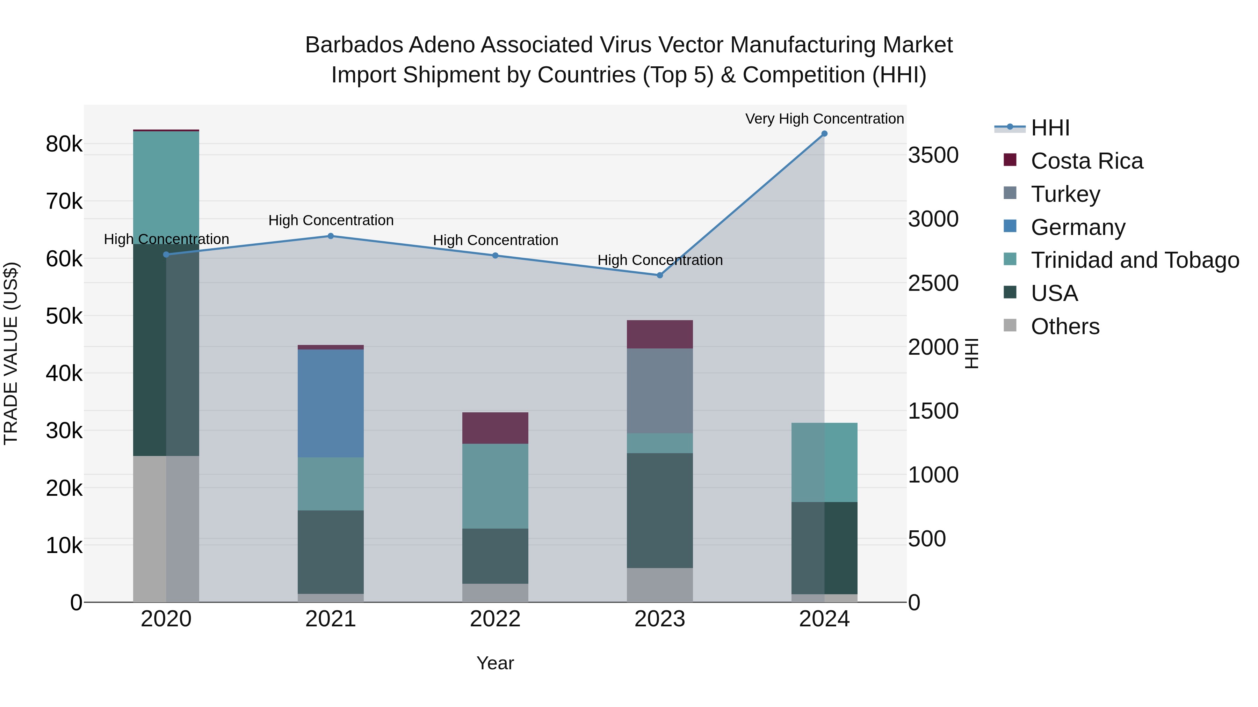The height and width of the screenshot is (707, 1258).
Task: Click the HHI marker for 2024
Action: pyautogui.click(x=824, y=134)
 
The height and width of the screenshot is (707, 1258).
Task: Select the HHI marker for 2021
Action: pyautogui.click(x=331, y=236)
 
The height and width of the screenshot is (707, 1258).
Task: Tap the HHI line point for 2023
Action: pyautogui.click(x=660, y=275)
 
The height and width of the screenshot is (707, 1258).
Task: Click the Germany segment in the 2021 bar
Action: pyautogui.click(x=331, y=404)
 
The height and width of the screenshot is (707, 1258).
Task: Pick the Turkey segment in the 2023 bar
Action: pyautogui.click(x=660, y=391)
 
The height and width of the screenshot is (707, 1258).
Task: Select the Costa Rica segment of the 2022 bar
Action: pyautogui.click(x=495, y=428)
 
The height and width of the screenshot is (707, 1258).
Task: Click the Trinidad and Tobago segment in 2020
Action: pyautogui.click(x=166, y=188)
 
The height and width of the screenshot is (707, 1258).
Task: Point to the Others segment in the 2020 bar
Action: pyautogui.click(x=166, y=529)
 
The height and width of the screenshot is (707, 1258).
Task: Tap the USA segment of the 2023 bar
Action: pyautogui.click(x=660, y=510)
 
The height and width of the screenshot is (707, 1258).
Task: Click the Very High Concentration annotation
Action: pyautogui.click(x=824, y=119)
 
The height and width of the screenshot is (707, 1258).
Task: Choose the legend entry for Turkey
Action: pyautogui.click(x=1065, y=194)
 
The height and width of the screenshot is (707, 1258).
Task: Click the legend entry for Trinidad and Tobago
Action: pyautogui.click(x=1134, y=260)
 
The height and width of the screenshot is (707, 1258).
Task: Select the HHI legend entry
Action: pyautogui.click(x=1050, y=128)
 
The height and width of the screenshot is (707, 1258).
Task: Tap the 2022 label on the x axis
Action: pyautogui.click(x=495, y=619)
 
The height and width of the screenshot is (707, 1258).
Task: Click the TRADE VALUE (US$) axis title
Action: pyautogui.click(x=11, y=353)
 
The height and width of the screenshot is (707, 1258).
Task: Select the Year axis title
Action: pyautogui.click(x=495, y=663)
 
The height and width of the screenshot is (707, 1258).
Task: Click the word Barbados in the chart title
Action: pyautogui.click(x=354, y=45)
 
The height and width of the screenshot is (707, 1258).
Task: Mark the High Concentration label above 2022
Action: pyautogui.click(x=495, y=240)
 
